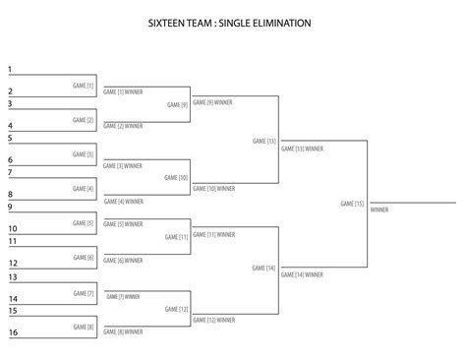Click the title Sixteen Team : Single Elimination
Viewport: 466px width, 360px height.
point(232,21)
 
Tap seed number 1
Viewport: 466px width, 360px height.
point(10,70)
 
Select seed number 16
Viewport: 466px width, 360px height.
point(13,333)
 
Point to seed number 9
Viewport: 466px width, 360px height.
point(10,208)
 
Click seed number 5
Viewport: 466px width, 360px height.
point(10,139)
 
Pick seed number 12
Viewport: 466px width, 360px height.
point(13,264)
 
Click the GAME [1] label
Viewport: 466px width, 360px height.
point(84,86)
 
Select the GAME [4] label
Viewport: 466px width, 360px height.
point(84,188)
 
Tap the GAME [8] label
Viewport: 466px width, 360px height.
point(84,327)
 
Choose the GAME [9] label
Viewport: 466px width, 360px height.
point(177,104)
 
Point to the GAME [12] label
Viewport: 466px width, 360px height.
point(177,310)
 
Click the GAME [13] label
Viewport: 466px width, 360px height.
point(264,141)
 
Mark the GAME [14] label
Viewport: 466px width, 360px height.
point(264,268)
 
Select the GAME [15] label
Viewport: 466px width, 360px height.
point(352,204)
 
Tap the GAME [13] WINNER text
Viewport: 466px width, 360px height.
point(302,150)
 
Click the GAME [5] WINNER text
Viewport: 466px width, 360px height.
point(123,224)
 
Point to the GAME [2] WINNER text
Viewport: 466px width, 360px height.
point(123,126)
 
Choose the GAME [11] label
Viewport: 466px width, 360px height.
point(177,237)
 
